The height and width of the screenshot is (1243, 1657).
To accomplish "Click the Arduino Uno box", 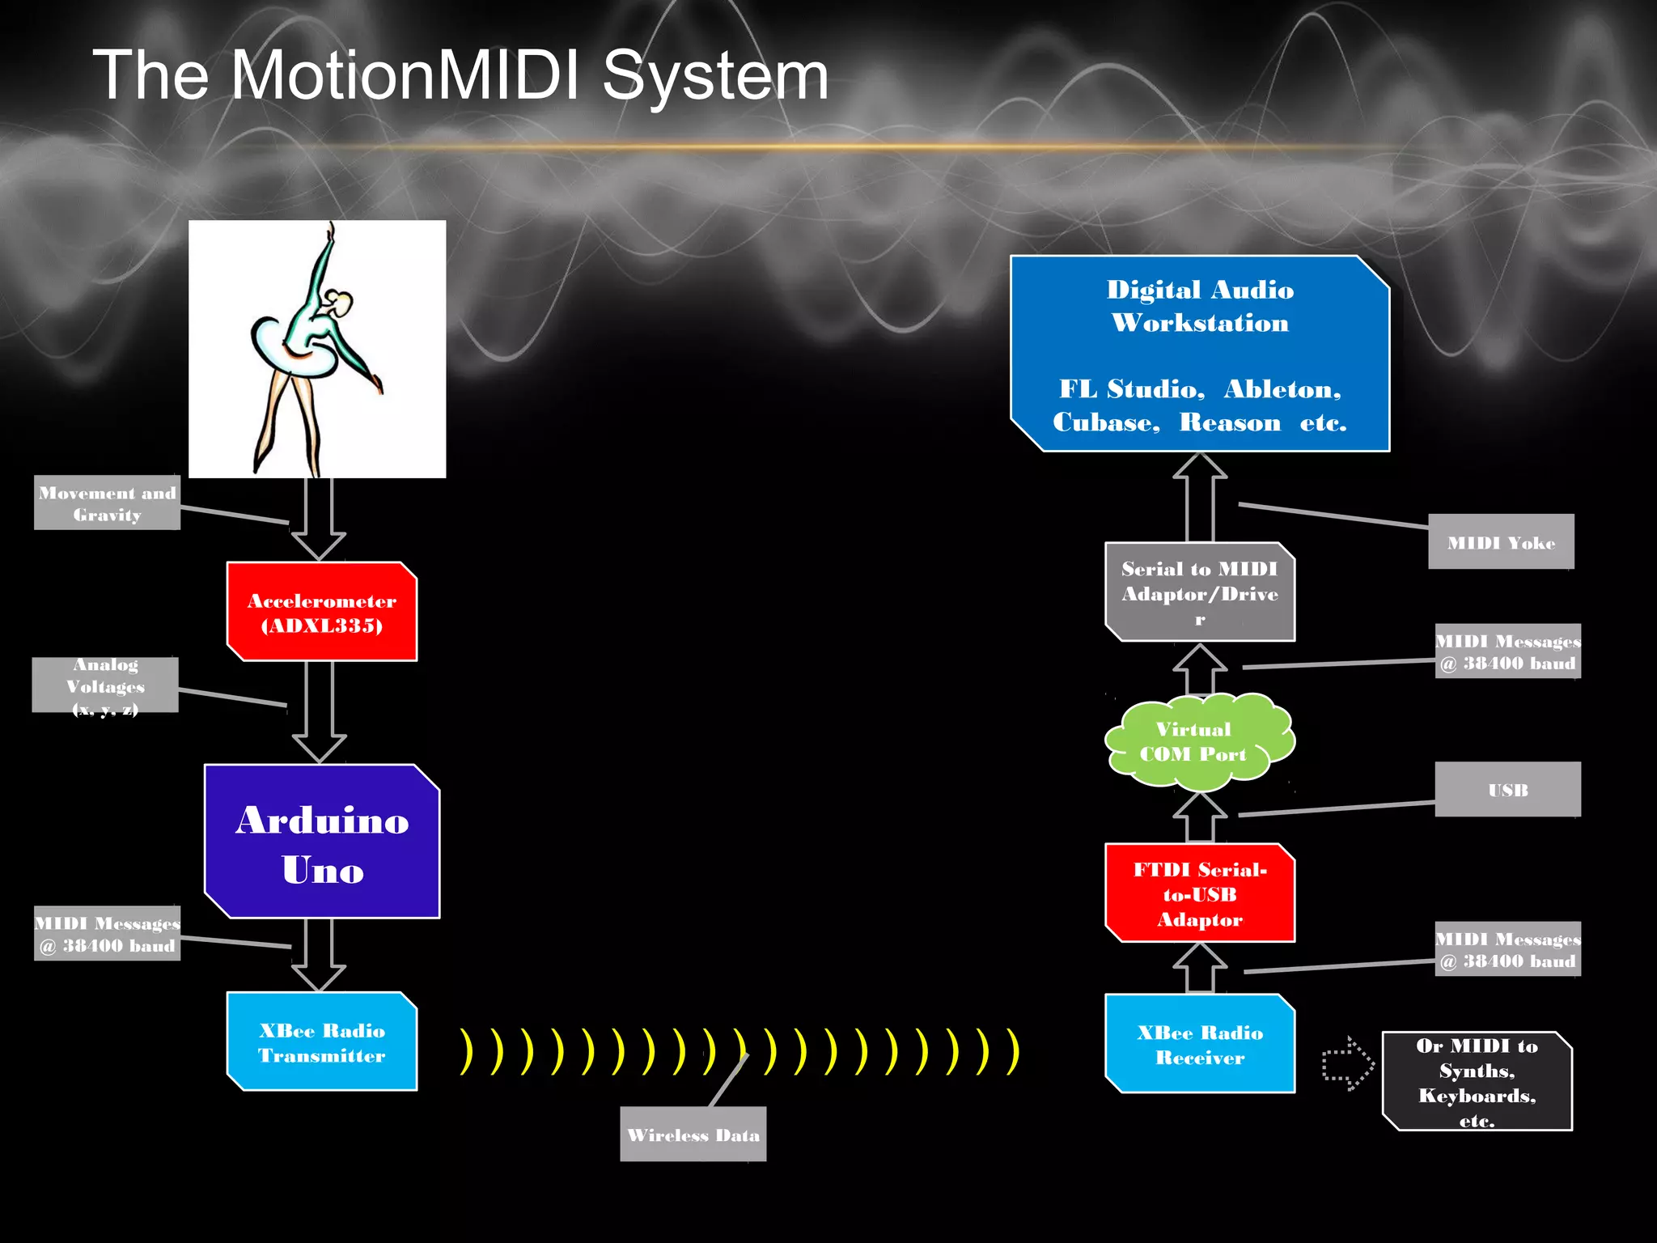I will [x=322, y=842].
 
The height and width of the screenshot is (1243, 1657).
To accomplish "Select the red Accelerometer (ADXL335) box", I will [x=322, y=612].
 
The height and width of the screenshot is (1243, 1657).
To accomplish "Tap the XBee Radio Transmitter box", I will [x=322, y=1041].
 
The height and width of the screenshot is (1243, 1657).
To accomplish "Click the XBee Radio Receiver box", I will [x=1200, y=1044].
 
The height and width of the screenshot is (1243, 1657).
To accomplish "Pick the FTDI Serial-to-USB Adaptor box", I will [x=1200, y=893].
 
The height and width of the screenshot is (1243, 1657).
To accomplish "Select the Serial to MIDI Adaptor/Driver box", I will [x=1200, y=592].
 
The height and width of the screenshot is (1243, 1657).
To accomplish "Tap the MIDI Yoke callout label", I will [x=1501, y=542].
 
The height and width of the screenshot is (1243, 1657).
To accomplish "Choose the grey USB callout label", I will [x=1507, y=790].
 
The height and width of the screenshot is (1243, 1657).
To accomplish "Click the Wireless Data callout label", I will [x=693, y=1135].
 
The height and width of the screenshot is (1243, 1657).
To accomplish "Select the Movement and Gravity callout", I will [x=107, y=503].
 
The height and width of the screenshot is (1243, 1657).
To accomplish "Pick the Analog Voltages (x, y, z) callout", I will [x=105, y=685].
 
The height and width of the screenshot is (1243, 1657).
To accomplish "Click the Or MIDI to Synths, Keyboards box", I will [x=1477, y=1081].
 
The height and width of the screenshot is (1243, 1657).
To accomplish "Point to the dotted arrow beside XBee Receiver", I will [x=1347, y=1063].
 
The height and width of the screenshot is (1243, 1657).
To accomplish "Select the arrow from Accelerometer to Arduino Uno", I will [x=320, y=711].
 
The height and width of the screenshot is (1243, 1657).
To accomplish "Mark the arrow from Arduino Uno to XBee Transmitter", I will [x=319, y=955].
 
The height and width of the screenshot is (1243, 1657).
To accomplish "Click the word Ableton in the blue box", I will [x=1282, y=389].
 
